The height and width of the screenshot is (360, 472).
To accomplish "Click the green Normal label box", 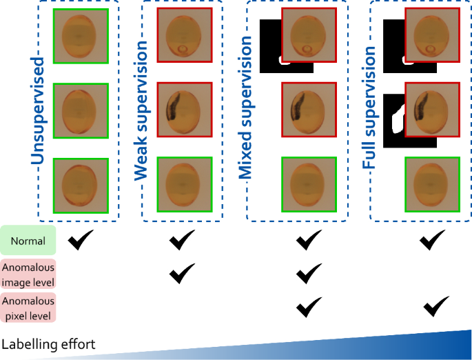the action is coord(28,241).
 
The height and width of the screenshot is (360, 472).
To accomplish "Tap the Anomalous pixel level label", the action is coord(28,308).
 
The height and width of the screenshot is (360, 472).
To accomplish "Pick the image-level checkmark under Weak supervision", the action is coord(182,273).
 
